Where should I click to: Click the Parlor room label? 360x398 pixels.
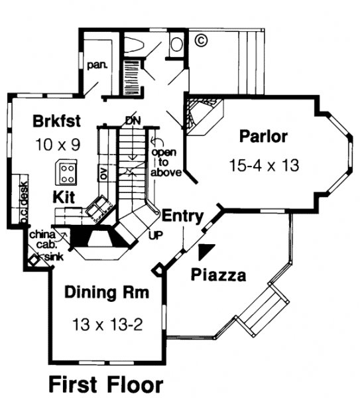coord(263,137)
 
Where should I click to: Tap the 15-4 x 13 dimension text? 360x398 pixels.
coord(264,165)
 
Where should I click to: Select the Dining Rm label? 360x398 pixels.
coord(107,293)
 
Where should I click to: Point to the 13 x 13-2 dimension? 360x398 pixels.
coord(107,324)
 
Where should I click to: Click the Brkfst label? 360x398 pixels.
coord(57,121)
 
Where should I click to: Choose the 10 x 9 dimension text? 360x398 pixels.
coord(58,145)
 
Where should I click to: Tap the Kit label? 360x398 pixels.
coord(64,197)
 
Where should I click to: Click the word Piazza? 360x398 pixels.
coord(218,275)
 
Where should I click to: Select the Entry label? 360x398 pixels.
coord(183,216)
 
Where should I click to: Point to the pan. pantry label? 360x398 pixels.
coord(97,65)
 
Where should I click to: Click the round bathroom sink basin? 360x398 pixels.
coord(176,44)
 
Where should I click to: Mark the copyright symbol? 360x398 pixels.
coord(201,40)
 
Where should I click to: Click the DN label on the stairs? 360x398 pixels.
coord(133,121)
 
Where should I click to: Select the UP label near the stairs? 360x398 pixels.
coord(155,235)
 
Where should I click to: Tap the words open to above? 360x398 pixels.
coord(166,163)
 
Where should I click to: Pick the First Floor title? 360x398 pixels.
coord(105,385)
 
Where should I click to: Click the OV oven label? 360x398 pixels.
coord(104,173)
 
